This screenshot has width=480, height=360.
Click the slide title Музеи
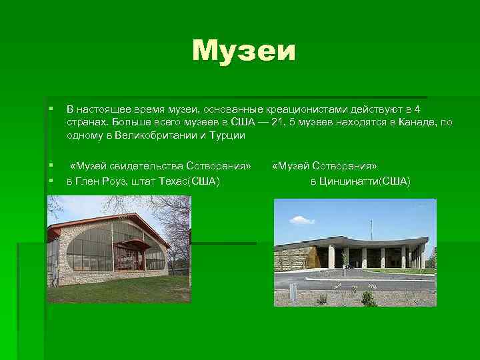click(x=243, y=52)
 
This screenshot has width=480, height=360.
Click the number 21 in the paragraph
click(x=279, y=122)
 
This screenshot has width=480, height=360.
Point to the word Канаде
click(x=417, y=122)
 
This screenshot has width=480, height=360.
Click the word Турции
click(x=229, y=135)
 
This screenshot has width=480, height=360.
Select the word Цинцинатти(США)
click(x=361, y=181)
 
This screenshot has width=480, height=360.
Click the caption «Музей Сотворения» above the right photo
click(x=325, y=165)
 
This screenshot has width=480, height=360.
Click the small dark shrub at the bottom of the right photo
click(x=368, y=298)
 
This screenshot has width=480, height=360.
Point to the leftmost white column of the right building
click(x=331, y=256)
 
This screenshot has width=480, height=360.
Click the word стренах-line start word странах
click(x=86, y=122)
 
